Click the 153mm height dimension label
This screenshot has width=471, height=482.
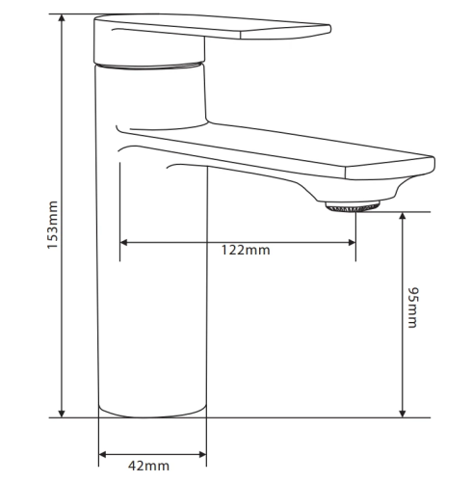[x=52, y=225]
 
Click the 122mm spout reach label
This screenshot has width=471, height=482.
[x=246, y=250]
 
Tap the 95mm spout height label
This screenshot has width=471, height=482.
[x=412, y=308]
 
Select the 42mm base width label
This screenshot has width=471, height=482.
[x=148, y=466]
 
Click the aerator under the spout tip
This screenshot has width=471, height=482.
[x=353, y=206]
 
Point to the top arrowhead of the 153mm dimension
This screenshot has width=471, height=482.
[x=62, y=18]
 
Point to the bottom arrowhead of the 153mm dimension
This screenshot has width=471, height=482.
[x=62, y=414]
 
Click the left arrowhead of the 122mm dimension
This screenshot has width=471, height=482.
[x=124, y=243]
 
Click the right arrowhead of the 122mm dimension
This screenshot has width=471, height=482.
[x=352, y=243]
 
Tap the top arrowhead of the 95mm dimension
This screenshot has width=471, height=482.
[x=403, y=216]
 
